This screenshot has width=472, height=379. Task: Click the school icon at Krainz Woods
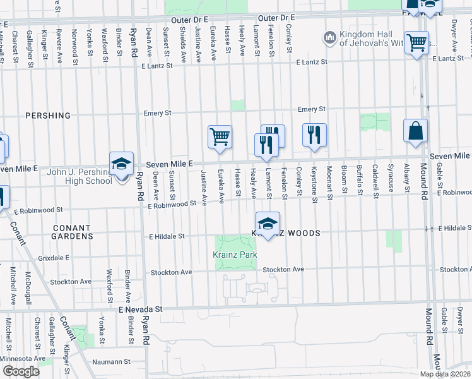[x=268, y=224]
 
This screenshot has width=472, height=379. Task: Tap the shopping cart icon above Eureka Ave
[x=220, y=136]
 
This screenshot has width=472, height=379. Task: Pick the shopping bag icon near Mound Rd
[x=415, y=131]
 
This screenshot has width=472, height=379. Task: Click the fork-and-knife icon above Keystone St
[x=314, y=135]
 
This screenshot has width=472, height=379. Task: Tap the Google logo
[x=21, y=371]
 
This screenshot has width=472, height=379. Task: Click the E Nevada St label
[x=141, y=310]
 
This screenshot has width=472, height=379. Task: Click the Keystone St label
[x=314, y=180]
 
